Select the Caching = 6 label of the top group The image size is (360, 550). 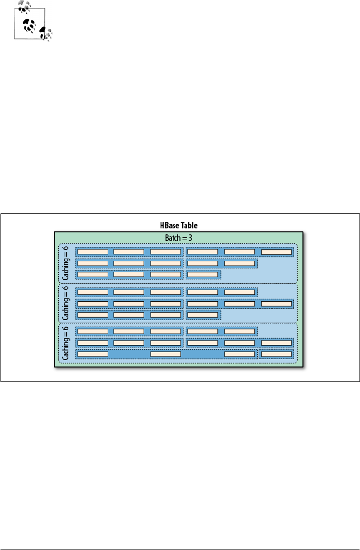(x=66, y=263)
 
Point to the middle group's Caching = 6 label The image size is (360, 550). (x=66, y=303)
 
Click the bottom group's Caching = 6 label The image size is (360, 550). (x=66, y=343)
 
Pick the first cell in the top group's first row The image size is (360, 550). (x=93, y=251)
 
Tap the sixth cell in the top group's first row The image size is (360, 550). (x=276, y=251)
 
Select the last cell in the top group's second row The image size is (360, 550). (x=239, y=263)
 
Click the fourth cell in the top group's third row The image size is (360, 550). (x=202, y=274)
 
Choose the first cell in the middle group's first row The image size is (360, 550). (x=93, y=292)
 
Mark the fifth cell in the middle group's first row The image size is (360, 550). (x=239, y=292)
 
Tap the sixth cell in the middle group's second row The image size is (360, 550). (x=276, y=303)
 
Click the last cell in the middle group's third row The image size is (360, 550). (x=202, y=314)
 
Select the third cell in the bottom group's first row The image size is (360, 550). (x=166, y=331)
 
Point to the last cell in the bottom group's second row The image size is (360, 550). (x=276, y=343)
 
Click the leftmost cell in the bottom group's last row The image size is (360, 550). (x=93, y=354)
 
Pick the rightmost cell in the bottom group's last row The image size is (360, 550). (x=276, y=354)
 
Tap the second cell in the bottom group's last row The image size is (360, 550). (x=166, y=354)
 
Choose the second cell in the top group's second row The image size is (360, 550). (x=129, y=263)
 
